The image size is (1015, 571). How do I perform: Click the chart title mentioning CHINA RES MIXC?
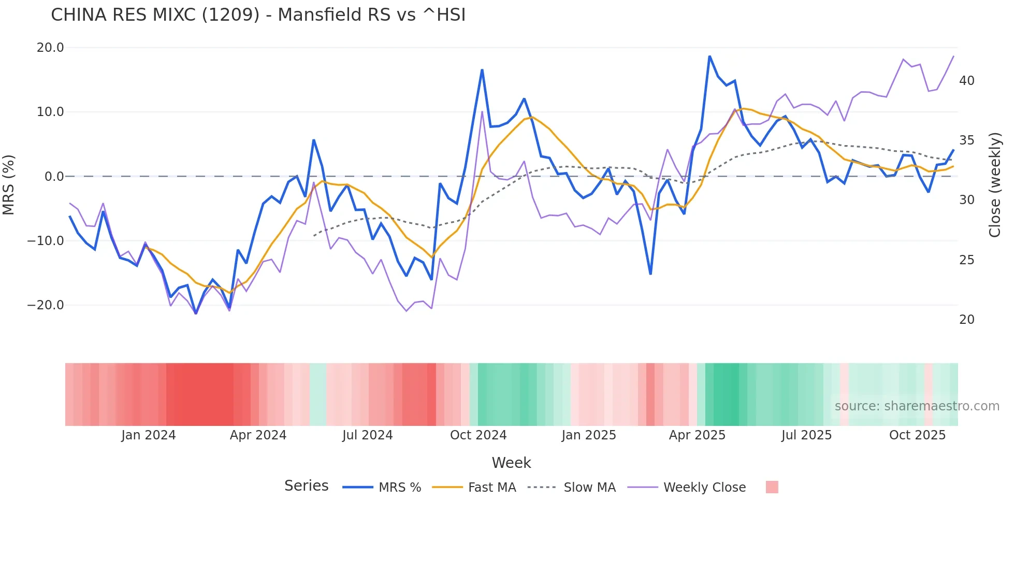coord(258,15)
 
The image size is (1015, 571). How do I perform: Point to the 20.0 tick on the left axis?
coord(50,48)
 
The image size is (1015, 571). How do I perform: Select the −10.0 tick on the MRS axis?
coord(46,241)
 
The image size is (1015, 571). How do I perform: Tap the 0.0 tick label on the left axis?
coord(54,177)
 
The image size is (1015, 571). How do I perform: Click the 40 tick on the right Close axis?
coord(966,81)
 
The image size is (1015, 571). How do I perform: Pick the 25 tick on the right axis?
coord(966,260)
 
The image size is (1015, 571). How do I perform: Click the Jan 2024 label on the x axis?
coord(148,435)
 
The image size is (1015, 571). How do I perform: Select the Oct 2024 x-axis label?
coord(478,435)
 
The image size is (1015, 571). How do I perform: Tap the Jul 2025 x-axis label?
coord(806,435)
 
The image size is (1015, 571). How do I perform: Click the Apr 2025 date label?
coord(697,435)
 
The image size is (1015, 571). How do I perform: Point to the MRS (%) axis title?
coord(9,184)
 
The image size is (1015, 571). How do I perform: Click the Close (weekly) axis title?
coord(995,185)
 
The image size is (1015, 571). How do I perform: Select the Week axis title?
coord(511,463)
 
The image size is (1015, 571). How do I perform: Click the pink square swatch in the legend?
coord(772,487)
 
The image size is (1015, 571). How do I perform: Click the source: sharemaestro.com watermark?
coord(917,406)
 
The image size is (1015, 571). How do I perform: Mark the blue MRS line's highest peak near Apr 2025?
coord(709,56)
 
